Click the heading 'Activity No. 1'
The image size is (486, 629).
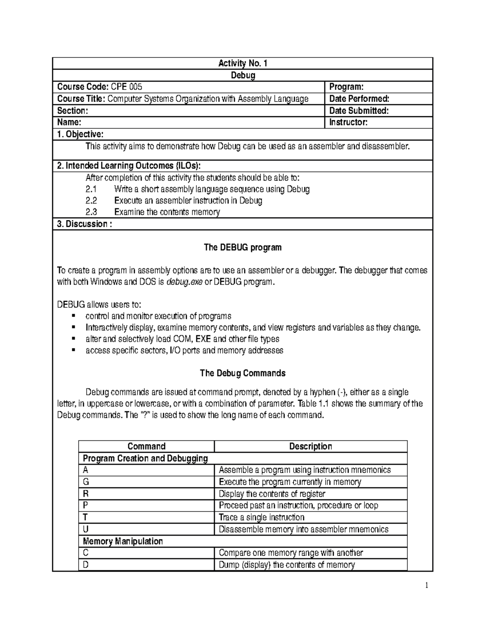click(x=243, y=63)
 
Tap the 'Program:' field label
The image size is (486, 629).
click(x=346, y=87)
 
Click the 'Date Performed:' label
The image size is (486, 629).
click(x=359, y=98)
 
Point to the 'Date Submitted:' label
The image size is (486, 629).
click(x=359, y=111)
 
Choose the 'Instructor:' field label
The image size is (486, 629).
click(x=348, y=122)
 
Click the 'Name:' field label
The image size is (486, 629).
click(x=69, y=122)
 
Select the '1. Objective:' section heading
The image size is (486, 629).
click(x=80, y=134)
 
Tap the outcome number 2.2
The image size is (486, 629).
click(x=92, y=200)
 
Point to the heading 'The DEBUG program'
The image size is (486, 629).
click(x=243, y=247)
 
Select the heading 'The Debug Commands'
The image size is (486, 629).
click(x=243, y=373)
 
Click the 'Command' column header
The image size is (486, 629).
click(x=146, y=446)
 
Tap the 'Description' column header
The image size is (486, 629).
click(x=310, y=446)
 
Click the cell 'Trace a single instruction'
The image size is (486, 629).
click(x=261, y=517)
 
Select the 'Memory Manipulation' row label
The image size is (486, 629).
click(x=123, y=541)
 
